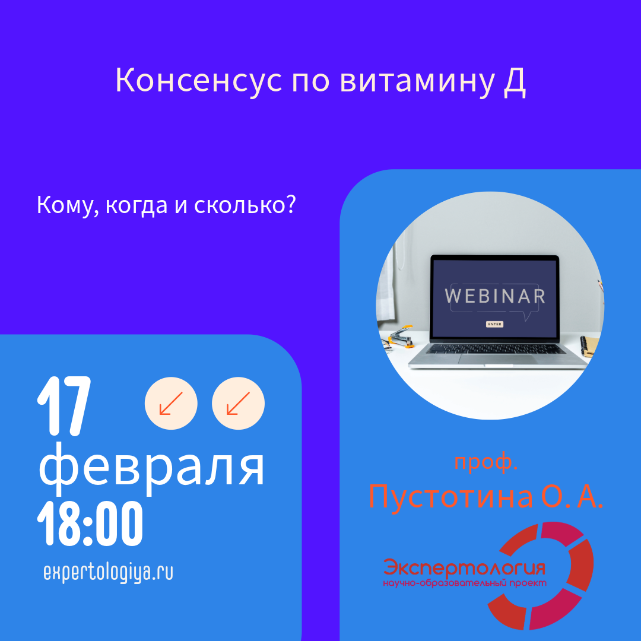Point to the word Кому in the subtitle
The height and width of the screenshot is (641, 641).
tap(65, 205)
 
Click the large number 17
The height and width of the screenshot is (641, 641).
tap(64, 406)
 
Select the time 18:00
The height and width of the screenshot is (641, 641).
tap(90, 523)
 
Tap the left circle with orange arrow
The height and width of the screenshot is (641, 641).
tap(171, 403)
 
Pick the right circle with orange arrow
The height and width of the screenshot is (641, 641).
tap(239, 403)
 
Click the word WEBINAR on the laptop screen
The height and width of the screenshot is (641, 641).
tap(495, 296)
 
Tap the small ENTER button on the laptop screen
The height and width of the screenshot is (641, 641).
tap(494, 324)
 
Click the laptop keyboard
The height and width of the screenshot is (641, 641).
tap(496, 349)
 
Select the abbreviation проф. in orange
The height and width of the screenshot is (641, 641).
tap(486, 462)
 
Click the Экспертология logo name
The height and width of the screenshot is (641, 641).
tap(464, 567)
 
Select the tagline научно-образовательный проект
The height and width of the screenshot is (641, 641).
tap(464, 583)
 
